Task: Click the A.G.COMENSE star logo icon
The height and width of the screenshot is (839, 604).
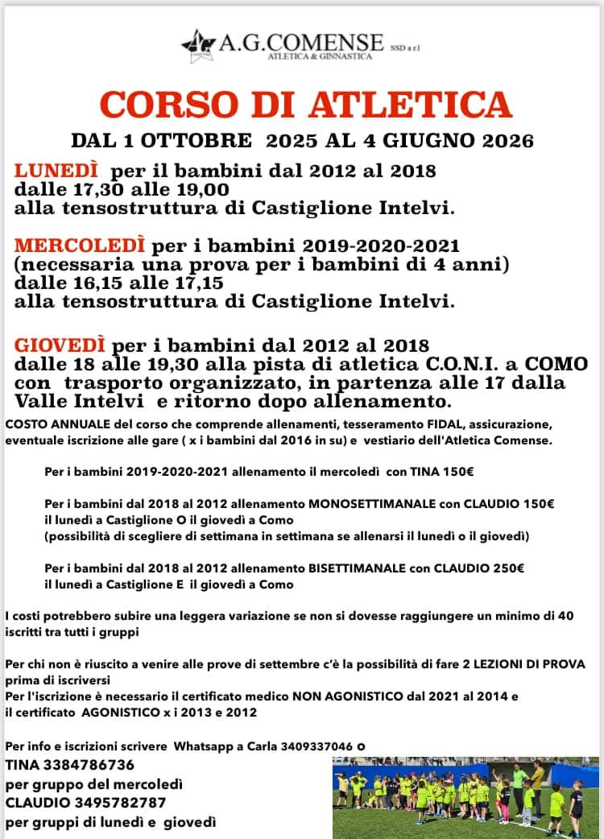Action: (x=195, y=44)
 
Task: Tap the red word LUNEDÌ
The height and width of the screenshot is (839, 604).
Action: (x=56, y=171)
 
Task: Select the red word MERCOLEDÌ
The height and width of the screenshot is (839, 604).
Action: (x=80, y=244)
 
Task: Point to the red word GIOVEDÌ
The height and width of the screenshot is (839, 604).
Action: (x=60, y=345)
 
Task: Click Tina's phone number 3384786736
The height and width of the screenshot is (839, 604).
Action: (x=89, y=764)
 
